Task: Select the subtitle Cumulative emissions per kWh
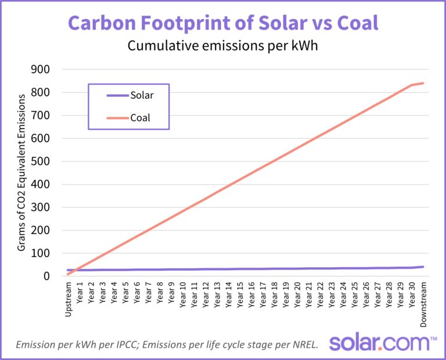point(223,46)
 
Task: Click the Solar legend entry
point(142,94)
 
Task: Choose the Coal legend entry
point(140,117)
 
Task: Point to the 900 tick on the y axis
point(41,70)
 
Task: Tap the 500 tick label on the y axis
point(41,161)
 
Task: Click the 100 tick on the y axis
point(41,254)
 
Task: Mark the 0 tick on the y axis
point(46,276)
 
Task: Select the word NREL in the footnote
point(303,345)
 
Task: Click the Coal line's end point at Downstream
point(424,83)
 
